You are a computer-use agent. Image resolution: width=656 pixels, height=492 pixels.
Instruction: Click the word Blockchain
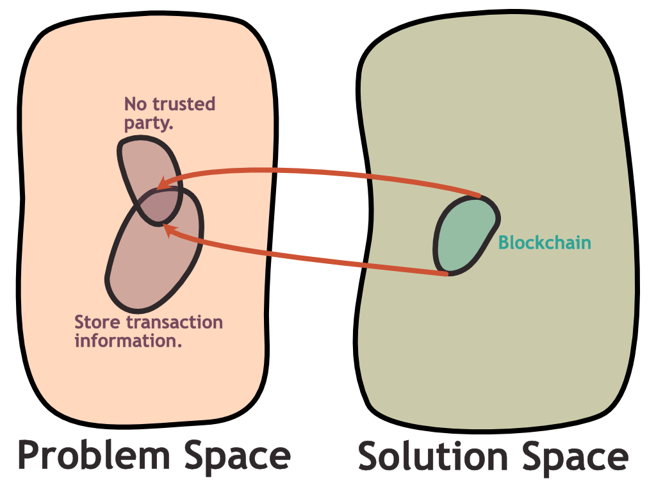pyautogui.click(x=545, y=243)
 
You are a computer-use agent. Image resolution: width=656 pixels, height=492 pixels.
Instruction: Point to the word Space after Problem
pyautogui.click(x=238, y=455)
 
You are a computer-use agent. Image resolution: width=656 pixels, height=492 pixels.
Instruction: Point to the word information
pyautogui.click(x=128, y=340)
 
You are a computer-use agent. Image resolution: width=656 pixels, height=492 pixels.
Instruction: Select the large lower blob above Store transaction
pyautogui.click(x=151, y=263)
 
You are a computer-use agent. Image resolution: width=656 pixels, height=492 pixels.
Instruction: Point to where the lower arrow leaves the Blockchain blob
pyautogui.click(x=447, y=274)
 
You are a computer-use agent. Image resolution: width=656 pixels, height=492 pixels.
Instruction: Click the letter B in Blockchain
pyautogui.click(x=504, y=243)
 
